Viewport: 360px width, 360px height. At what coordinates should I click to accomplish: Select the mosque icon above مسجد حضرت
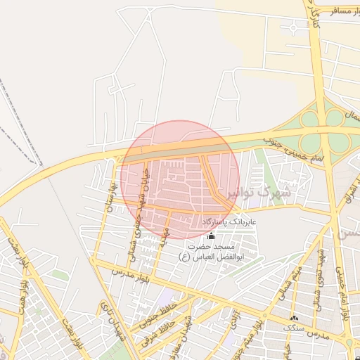[211, 236]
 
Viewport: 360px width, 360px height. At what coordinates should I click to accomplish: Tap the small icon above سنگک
[294, 319]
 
